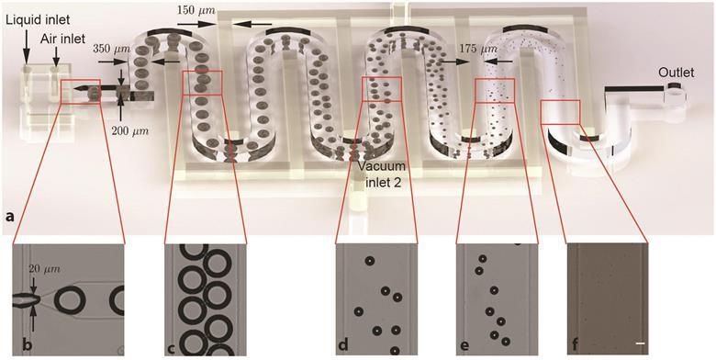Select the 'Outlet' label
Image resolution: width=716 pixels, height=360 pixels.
tap(677, 73)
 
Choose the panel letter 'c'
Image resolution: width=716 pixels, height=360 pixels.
tap(169, 345)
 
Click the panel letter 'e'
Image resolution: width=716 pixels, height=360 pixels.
tap(464, 345)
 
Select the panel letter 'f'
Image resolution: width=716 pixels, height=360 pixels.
tap(575, 345)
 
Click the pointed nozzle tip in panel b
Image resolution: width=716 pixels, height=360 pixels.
tap(37, 298)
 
